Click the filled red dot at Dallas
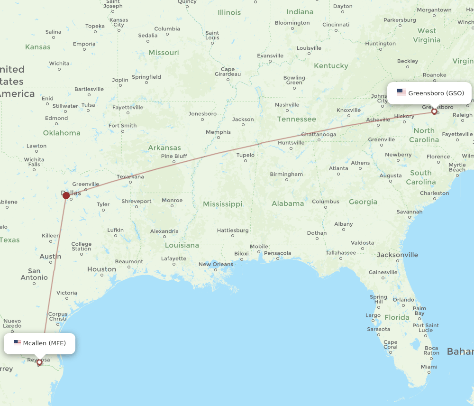(x=66, y=195)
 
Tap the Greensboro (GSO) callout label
(x=429, y=93)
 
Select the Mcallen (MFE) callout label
(x=39, y=343)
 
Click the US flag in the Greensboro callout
(x=401, y=92)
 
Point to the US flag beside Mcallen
(x=17, y=343)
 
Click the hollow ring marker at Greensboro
(x=434, y=112)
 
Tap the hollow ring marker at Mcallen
(x=39, y=362)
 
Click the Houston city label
(x=101, y=269)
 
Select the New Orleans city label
(x=216, y=264)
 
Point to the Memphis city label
(x=218, y=132)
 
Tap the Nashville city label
(x=287, y=105)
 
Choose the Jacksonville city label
(x=397, y=255)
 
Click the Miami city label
(x=429, y=367)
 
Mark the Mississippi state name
(x=222, y=204)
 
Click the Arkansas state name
(x=164, y=148)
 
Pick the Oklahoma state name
(x=62, y=133)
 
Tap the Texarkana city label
(x=130, y=177)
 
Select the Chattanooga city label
(x=319, y=134)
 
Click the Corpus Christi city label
(x=58, y=316)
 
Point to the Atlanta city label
(x=338, y=168)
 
